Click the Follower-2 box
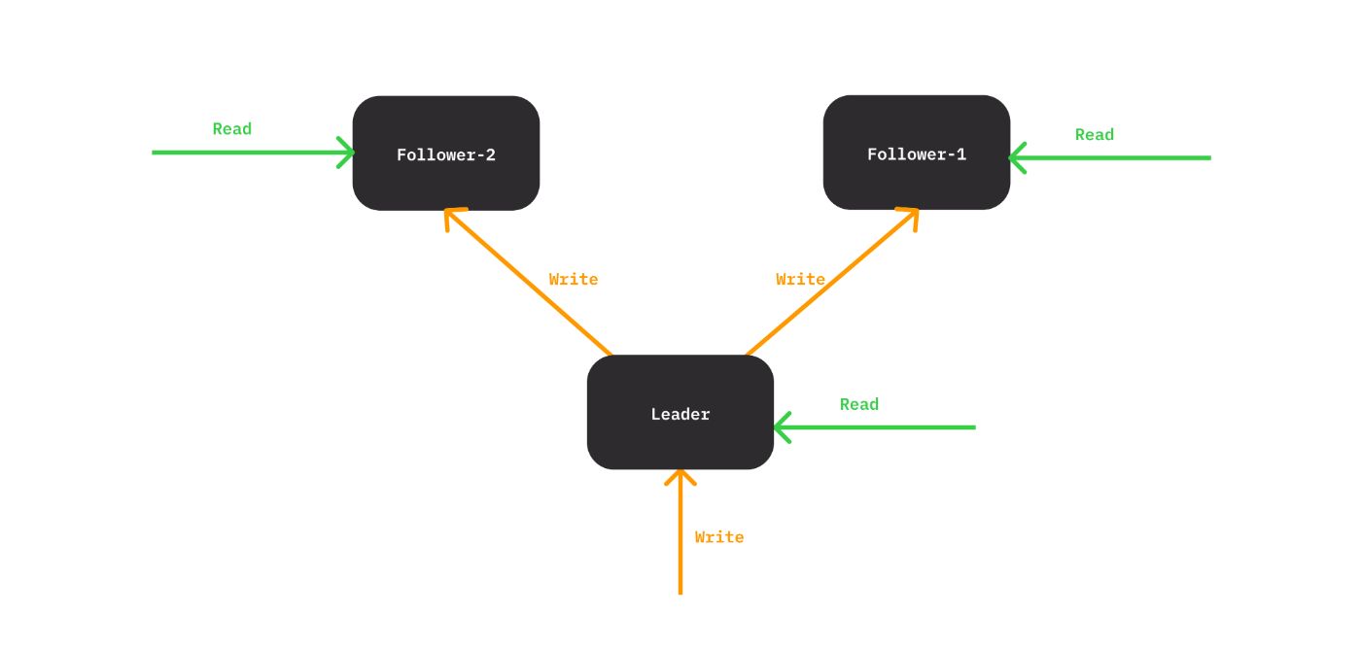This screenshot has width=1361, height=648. pos(445,153)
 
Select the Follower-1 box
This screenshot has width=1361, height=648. pos(916,153)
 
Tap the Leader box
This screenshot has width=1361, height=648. pos(680,413)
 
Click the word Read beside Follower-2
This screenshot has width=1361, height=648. pos(231,129)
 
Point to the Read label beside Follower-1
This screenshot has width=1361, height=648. pos(1094,135)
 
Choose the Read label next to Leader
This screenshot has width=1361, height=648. pos(858,404)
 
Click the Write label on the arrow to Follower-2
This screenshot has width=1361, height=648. pos(573,279)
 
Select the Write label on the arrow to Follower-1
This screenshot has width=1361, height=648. pos(800,279)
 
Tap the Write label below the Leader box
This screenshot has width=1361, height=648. pos(718,536)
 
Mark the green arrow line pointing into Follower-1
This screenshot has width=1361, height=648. pos(1118,157)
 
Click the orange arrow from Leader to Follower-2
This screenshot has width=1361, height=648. pos(530,285)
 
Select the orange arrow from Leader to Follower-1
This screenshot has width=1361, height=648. pos(831,283)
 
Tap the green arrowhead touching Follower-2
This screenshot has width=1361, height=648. pos(347,153)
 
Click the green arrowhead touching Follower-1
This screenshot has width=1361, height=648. pos(1017,157)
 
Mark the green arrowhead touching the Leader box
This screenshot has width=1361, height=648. pos(781,427)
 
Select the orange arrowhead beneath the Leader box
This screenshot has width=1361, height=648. pos(680,477)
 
